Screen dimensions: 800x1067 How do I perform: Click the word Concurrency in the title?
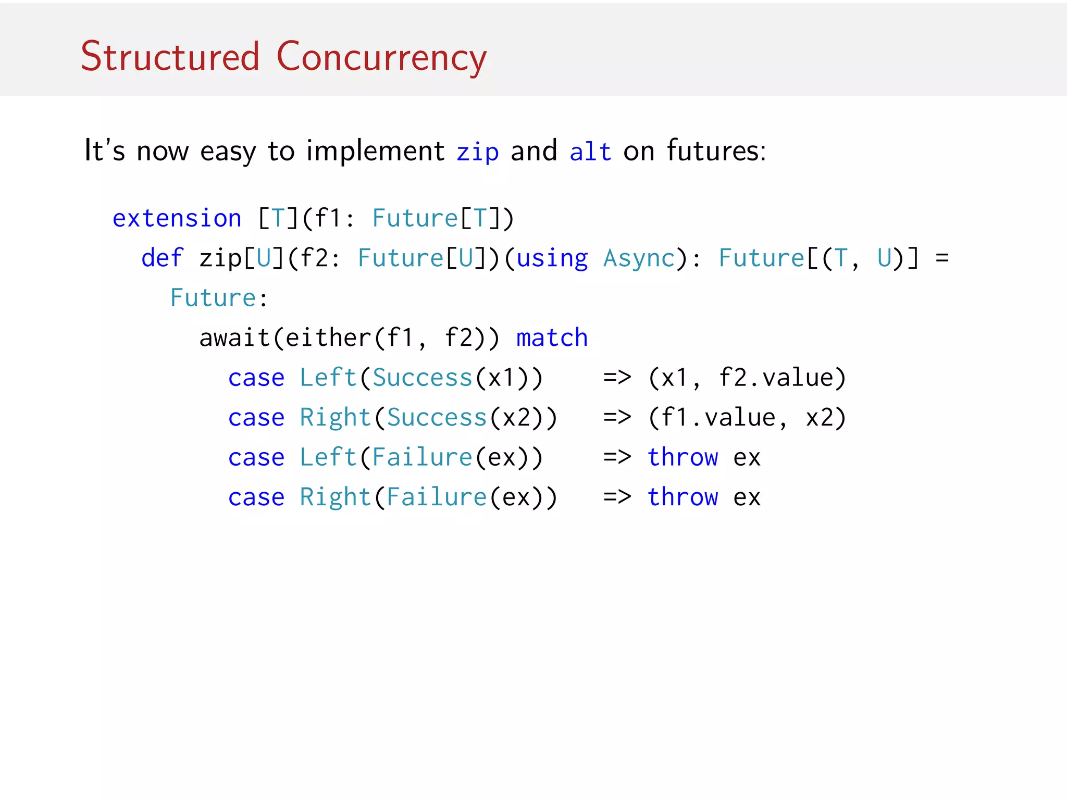[x=381, y=57]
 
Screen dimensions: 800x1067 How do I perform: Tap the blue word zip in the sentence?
[x=477, y=152]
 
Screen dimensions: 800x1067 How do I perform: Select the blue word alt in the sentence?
[x=590, y=152]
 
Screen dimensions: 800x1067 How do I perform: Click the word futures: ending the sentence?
[x=716, y=151]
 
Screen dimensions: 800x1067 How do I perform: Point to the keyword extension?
[x=177, y=218]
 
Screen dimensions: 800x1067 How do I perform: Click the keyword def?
[x=162, y=258]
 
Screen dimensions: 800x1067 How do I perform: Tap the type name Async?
[x=639, y=258]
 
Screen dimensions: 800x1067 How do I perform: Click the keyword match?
[x=552, y=338]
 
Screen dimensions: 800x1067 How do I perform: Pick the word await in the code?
[x=234, y=338]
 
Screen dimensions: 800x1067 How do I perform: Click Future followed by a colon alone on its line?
[x=213, y=298]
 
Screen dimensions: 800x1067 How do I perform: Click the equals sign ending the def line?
[x=942, y=258]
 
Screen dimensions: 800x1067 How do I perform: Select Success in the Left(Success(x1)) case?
[x=422, y=378]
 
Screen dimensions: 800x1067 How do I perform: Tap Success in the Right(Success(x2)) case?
[x=437, y=418]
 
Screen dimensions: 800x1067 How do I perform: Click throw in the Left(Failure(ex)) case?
[x=683, y=457]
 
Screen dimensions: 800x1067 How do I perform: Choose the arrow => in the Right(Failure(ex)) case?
[x=617, y=497]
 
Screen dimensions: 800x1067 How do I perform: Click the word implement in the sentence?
[x=375, y=152]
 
